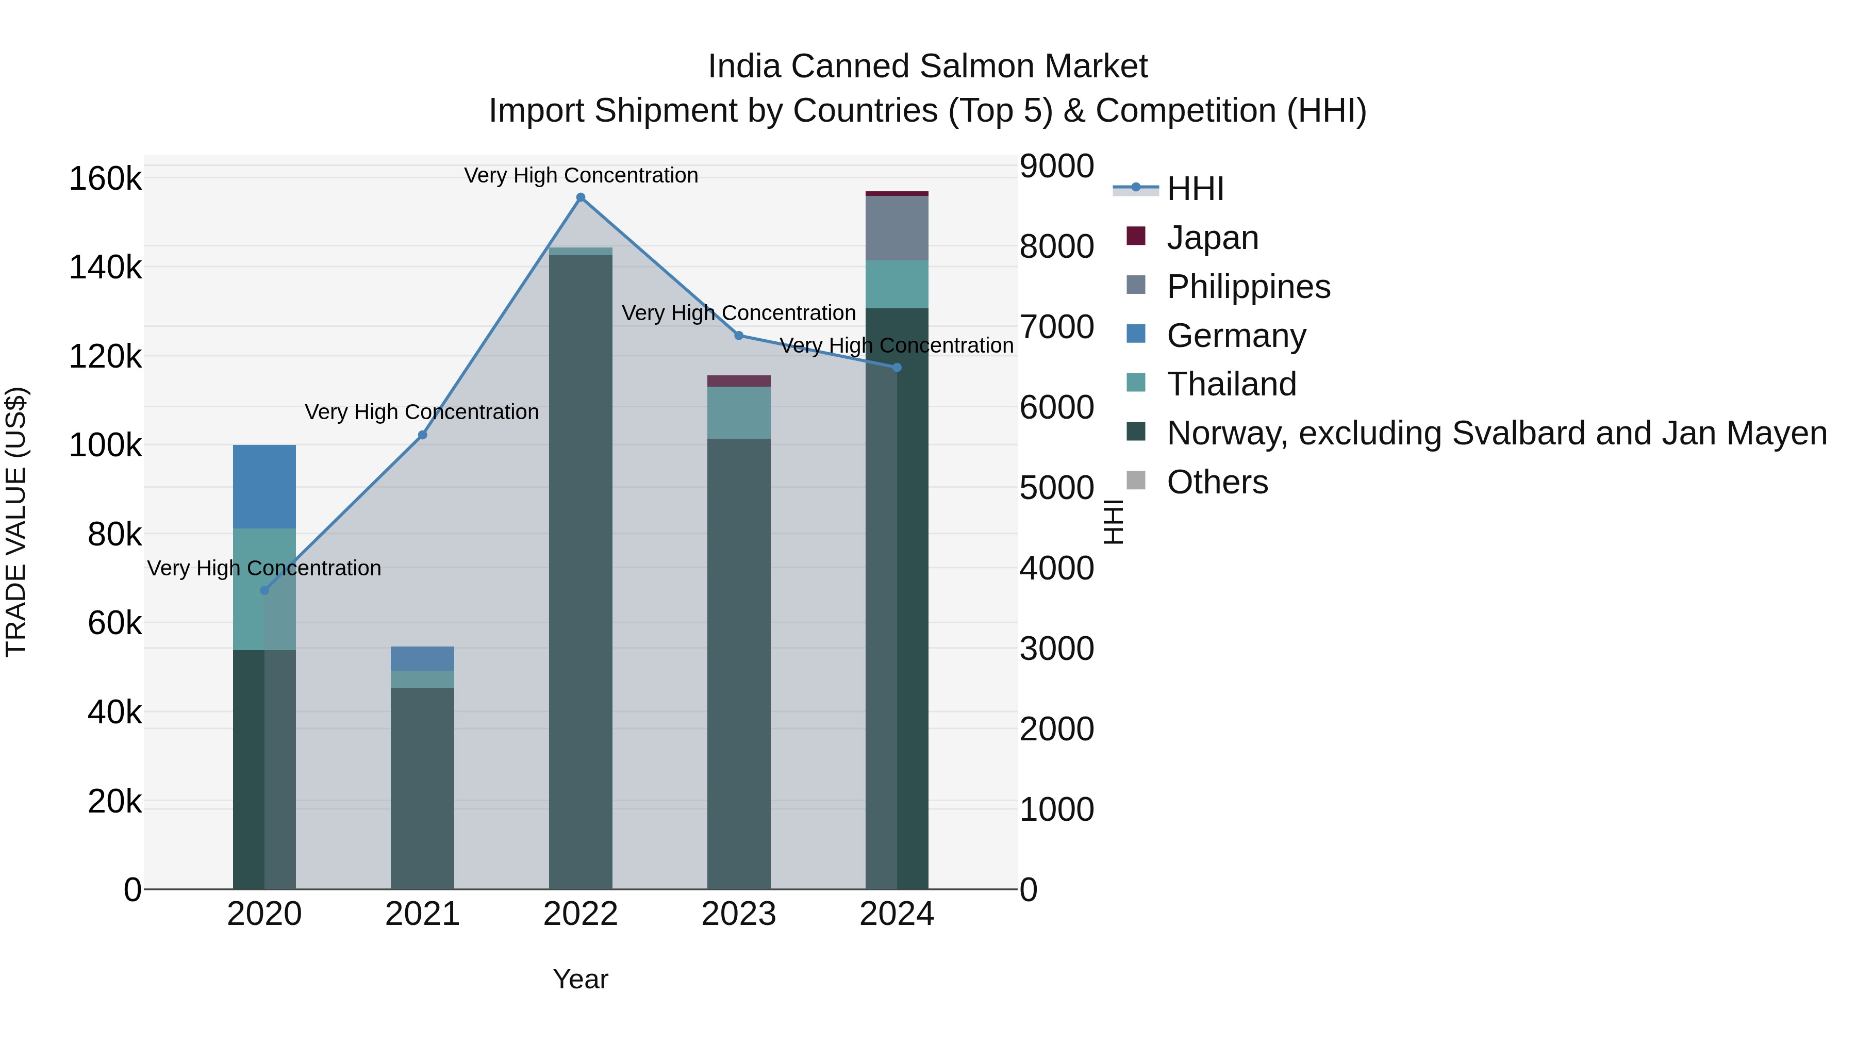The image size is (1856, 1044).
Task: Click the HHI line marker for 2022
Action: click(x=581, y=197)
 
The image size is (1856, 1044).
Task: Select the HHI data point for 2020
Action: click(x=264, y=590)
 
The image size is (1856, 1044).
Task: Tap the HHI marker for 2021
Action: click(x=422, y=435)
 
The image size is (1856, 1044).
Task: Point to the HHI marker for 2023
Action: click(x=738, y=335)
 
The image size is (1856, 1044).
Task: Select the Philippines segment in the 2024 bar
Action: click(x=897, y=228)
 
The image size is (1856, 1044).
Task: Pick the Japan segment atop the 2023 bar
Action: click(x=738, y=381)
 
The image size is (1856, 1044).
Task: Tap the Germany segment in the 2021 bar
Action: click(x=422, y=658)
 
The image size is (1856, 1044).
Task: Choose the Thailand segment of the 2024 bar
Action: click(x=897, y=284)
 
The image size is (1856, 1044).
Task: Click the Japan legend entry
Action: click(x=1212, y=238)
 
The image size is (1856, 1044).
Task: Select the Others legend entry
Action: click(x=1217, y=482)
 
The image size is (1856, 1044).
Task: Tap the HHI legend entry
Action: click(x=1195, y=189)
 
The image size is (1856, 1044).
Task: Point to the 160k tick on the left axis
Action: click(x=105, y=179)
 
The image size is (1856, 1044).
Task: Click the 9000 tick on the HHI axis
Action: click(x=1056, y=165)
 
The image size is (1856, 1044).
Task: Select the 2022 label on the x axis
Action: click(x=581, y=914)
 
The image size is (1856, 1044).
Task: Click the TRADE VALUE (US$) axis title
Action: click(x=16, y=522)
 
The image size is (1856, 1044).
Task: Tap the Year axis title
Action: click(x=581, y=979)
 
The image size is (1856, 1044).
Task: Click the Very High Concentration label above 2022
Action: click(x=581, y=175)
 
